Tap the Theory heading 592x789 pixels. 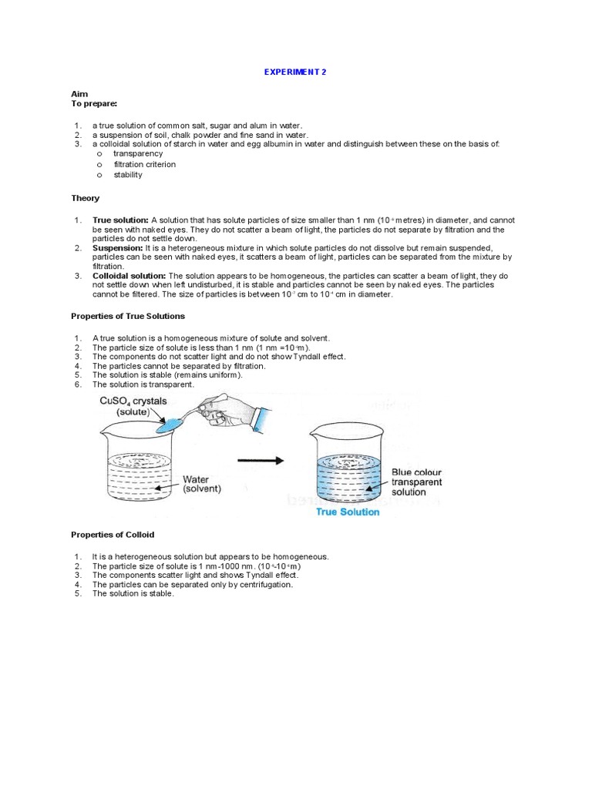85,198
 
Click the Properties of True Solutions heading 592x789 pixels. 128,316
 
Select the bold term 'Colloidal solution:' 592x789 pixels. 129,275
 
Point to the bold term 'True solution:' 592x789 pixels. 120,220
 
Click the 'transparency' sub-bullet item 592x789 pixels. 138,153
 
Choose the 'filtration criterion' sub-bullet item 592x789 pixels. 144,164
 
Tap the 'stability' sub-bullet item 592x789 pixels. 128,175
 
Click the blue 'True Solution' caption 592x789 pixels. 348,512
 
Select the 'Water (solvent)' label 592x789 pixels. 202,484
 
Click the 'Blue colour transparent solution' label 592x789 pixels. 417,482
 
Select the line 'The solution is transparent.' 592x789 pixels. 143,384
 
